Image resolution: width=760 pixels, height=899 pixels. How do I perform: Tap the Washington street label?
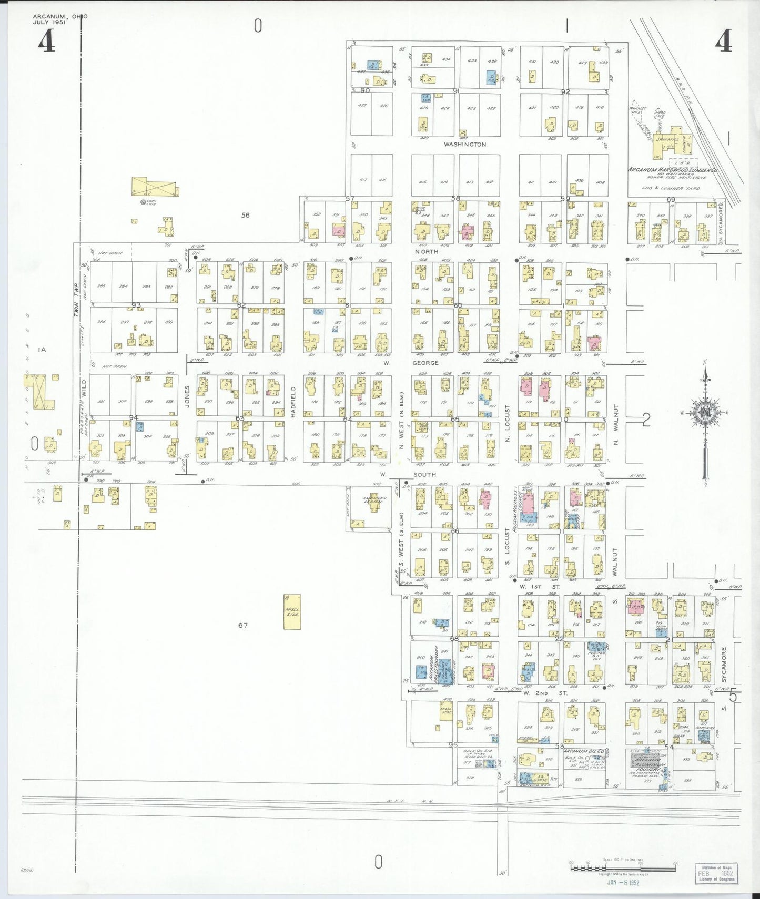[464, 144]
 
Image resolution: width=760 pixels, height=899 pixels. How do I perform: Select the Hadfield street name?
[293, 402]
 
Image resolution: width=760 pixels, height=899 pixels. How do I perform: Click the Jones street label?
[187, 402]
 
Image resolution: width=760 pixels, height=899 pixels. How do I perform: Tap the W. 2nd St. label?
[545, 693]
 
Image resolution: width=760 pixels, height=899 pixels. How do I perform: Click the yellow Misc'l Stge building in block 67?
[292, 611]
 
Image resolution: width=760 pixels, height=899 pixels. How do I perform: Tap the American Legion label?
[374, 500]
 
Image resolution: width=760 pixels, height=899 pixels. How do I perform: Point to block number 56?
[245, 214]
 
